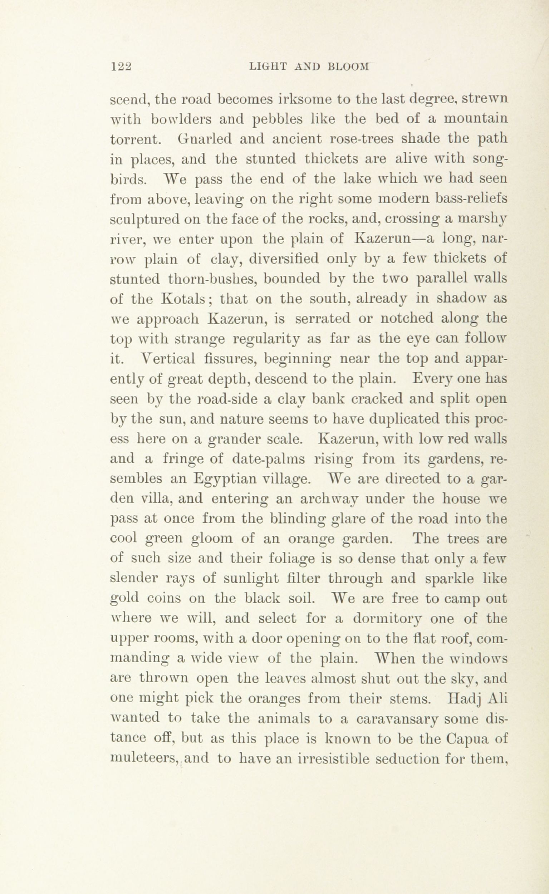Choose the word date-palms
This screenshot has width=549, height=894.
point(268,460)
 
